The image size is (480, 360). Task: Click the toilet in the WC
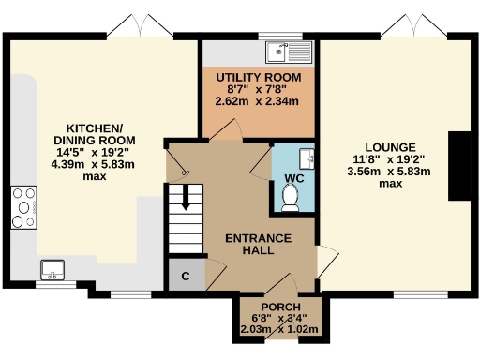pos(291,196)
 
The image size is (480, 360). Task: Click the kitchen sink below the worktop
pos(52,272)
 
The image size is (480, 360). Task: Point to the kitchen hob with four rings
pos(22,209)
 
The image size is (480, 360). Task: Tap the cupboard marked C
pos(186,275)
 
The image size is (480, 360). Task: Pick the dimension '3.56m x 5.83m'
pos(387,172)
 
